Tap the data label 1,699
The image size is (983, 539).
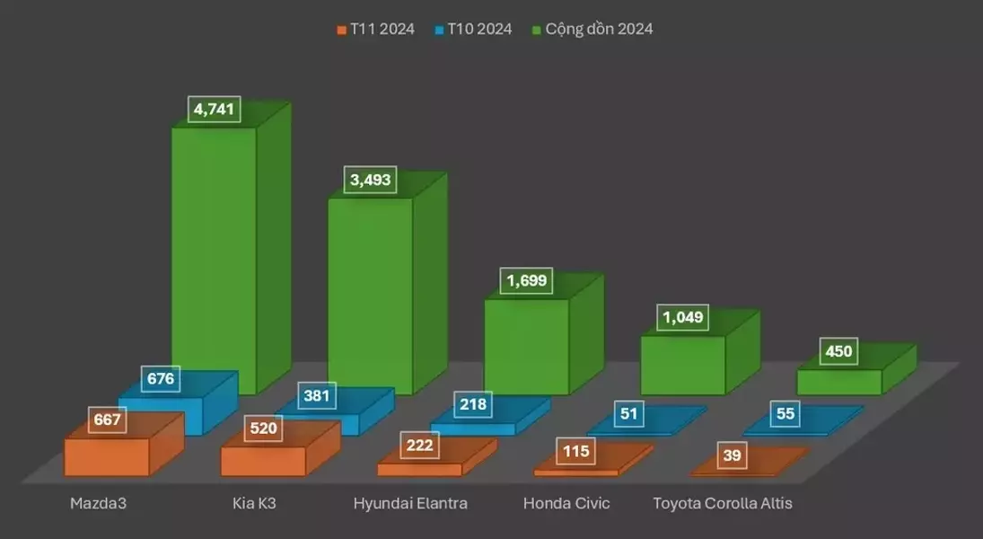(x=527, y=281)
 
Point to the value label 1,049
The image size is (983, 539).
(x=683, y=317)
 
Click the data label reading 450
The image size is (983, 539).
(x=838, y=351)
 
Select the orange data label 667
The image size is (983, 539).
(x=107, y=420)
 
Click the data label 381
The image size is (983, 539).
(x=317, y=395)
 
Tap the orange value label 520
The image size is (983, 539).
(x=264, y=429)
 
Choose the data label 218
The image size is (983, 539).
(x=473, y=404)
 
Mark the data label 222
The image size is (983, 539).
(x=419, y=445)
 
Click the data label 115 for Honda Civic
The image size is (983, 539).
(x=575, y=451)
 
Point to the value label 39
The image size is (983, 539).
(x=733, y=455)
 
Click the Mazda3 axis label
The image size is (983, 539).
(x=98, y=503)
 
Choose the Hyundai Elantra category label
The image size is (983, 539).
(x=410, y=503)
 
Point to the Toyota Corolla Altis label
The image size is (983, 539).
(x=723, y=503)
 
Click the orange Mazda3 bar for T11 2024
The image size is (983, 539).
(x=106, y=456)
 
